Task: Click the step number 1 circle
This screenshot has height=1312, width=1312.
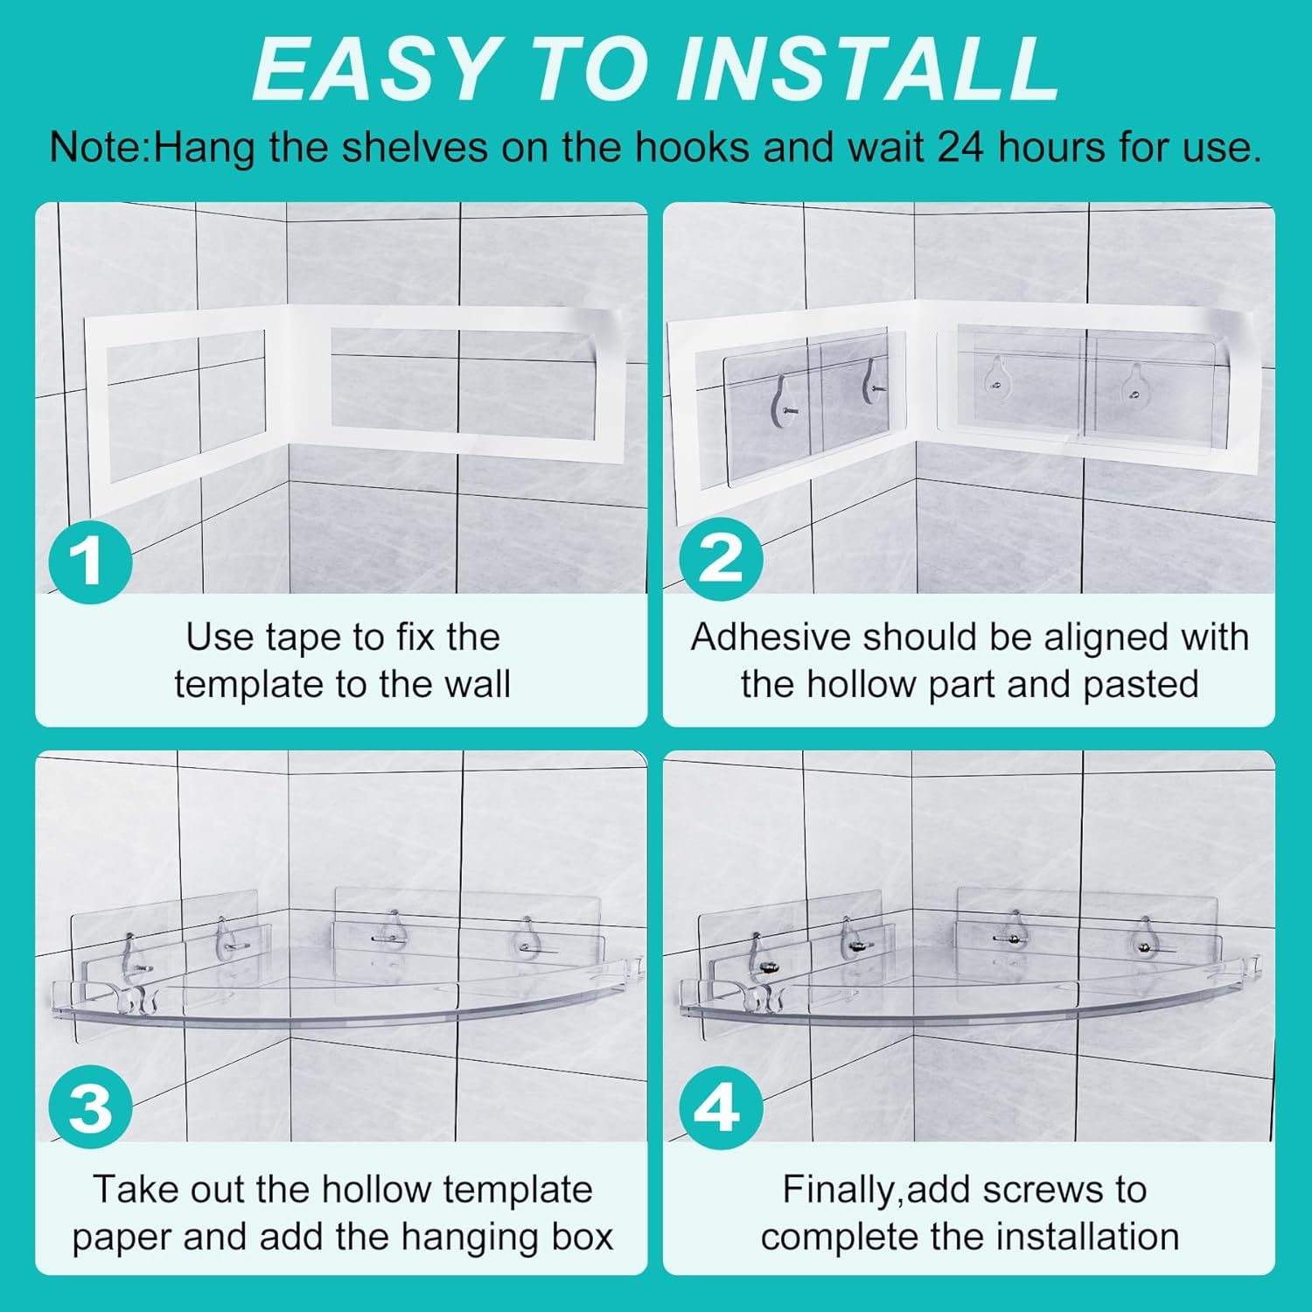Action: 90,561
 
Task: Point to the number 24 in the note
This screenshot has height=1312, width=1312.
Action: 962,147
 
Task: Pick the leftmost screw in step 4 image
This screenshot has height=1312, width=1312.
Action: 768,967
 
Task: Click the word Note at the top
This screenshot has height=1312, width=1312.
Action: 94,147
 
